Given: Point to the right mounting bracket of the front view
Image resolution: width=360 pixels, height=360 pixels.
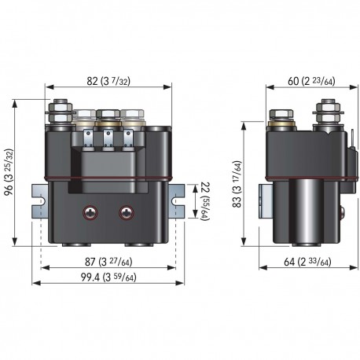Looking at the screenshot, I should click(177, 201).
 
